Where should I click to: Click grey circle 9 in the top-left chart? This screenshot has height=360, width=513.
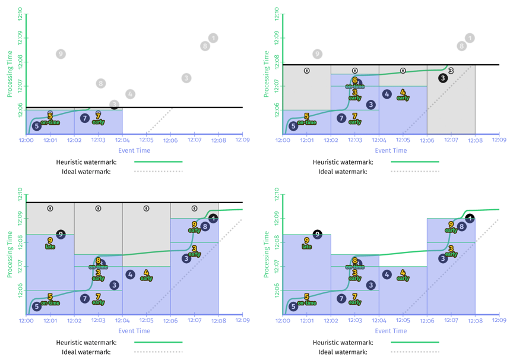[x=61, y=54]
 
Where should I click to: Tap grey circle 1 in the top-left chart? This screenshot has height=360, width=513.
[x=213, y=38]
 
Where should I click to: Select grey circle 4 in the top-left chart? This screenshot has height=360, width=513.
[x=131, y=94]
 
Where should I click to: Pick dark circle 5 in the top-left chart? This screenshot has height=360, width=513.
[x=37, y=126]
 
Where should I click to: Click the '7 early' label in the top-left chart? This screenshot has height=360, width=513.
[x=99, y=118]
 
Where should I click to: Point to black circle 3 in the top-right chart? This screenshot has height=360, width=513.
[x=443, y=78]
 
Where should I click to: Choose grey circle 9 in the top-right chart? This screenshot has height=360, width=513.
[x=318, y=54]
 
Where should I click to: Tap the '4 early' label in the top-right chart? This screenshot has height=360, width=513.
[x=403, y=94]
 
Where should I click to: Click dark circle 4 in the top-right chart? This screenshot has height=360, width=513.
[x=387, y=94]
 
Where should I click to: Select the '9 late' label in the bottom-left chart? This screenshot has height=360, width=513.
[x=50, y=243]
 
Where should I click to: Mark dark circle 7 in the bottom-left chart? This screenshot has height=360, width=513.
[x=85, y=299]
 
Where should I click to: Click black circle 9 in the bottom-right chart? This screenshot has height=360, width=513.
[x=318, y=235]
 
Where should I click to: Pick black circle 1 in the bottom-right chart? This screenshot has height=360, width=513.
[x=470, y=219]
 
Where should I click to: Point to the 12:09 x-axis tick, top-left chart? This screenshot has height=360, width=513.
[x=242, y=140]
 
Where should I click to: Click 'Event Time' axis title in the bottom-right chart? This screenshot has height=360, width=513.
[x=391, y=331]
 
